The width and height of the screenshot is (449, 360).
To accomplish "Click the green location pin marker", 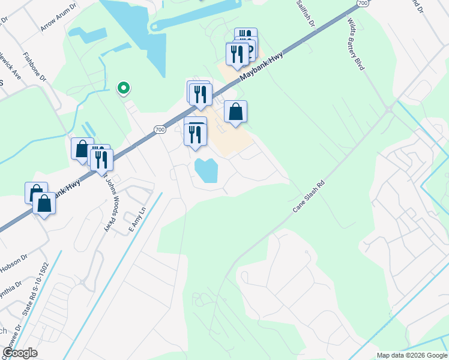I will [x=124, y=88].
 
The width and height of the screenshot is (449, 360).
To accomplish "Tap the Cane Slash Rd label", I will [x=309, y=196].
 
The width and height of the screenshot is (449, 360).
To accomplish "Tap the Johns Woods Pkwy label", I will [x=108, y=203].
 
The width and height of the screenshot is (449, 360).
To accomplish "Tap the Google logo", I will [x=20, y=352].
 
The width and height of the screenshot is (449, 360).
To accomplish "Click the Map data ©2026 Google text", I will [x=412, y=355].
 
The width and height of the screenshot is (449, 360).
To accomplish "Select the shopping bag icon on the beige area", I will [x=236, y=112].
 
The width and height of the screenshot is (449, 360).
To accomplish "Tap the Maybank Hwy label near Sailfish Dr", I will [x=261, y=66].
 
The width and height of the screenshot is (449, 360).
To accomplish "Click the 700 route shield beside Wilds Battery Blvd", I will [x=361, y=4].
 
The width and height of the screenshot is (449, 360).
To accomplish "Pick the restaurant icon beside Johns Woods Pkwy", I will [x=101, y=159].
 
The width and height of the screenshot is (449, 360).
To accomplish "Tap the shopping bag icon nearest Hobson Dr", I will [x=44, y=204].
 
